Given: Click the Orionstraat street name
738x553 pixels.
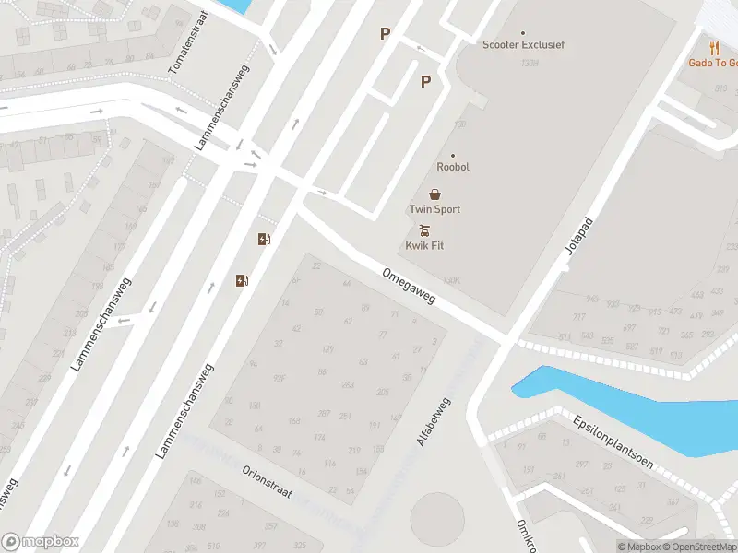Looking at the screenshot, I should (267, 480).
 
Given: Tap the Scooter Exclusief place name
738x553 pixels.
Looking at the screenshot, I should (523, 44).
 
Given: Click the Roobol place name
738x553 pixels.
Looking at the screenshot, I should (453, 167).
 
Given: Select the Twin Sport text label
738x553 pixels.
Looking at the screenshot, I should (434, 209).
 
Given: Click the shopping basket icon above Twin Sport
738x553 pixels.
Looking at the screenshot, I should (434, 194).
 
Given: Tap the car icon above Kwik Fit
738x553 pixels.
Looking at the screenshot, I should (424, 229).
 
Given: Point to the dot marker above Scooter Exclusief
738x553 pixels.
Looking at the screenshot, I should (523, 32).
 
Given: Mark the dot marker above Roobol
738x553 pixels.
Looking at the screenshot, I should (453, 155).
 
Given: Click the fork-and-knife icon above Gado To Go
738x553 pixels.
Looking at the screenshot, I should (714, 48).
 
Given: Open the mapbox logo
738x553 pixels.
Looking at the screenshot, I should (41, 542).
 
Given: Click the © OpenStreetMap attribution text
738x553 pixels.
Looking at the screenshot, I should (698, 547).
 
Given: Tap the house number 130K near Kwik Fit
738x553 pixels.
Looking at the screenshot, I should (451, 279).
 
